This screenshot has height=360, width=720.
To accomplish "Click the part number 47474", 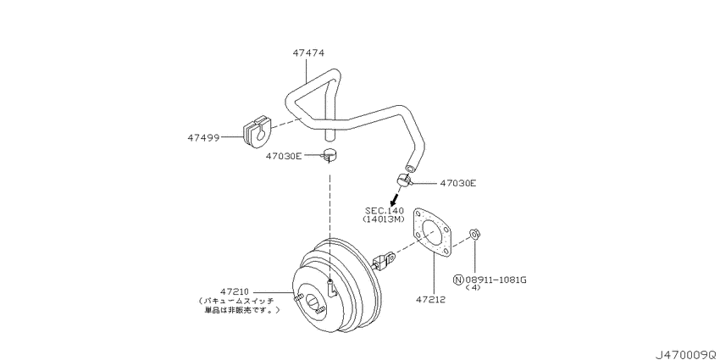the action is pos(308,53).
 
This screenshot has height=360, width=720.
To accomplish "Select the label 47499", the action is pos(202,137).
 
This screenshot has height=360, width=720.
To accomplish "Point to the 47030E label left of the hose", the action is pos(283,156).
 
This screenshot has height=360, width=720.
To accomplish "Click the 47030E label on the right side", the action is pos(457,183).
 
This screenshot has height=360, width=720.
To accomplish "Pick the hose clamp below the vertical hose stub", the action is pos(330,156).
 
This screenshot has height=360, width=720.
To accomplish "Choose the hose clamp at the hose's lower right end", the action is pos(404,181).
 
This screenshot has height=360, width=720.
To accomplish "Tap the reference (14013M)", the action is pos(384,219).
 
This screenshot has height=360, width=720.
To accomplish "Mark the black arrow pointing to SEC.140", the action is pos(394,198).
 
